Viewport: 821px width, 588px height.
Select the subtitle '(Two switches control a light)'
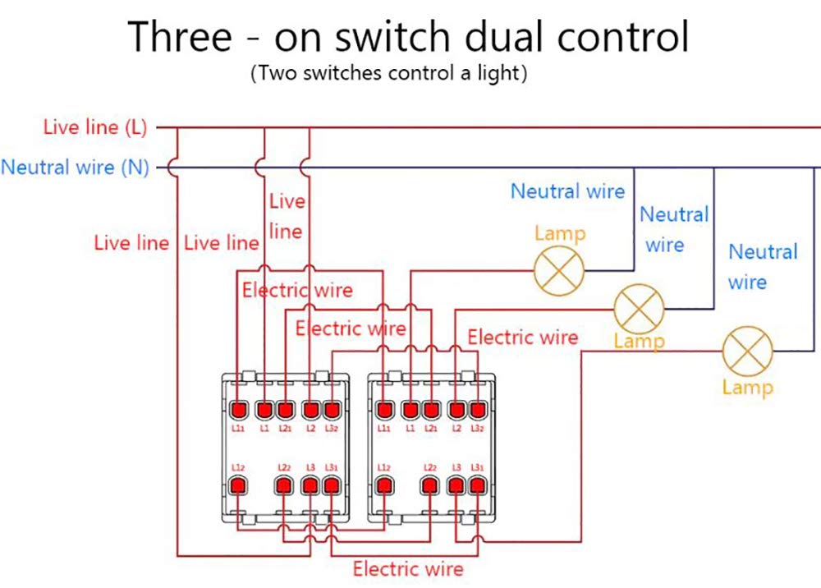pos(388,73)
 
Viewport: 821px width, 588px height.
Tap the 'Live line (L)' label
pos(94,127)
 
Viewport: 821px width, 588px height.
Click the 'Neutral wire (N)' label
pos(75,168)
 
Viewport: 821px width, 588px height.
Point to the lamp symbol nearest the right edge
pos(747,351)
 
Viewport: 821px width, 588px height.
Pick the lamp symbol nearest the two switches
pos(559,270)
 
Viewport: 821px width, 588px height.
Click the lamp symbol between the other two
pos(639,309)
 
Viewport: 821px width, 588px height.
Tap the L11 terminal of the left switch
pos(239,408)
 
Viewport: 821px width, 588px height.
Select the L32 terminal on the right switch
pos(478,408)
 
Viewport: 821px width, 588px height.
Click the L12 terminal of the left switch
pos(239,485)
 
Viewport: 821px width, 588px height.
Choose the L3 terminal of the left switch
pos(310,485)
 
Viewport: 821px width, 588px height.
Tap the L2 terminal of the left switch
pos(310,408)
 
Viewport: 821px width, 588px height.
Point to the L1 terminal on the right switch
pos(410,408)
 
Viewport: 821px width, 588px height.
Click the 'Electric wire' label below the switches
pos(408,568)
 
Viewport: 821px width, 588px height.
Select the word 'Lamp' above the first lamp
pos(560,233)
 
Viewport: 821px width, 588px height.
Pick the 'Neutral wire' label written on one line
pos(567,191)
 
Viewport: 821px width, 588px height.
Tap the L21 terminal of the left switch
pos(285,408)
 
